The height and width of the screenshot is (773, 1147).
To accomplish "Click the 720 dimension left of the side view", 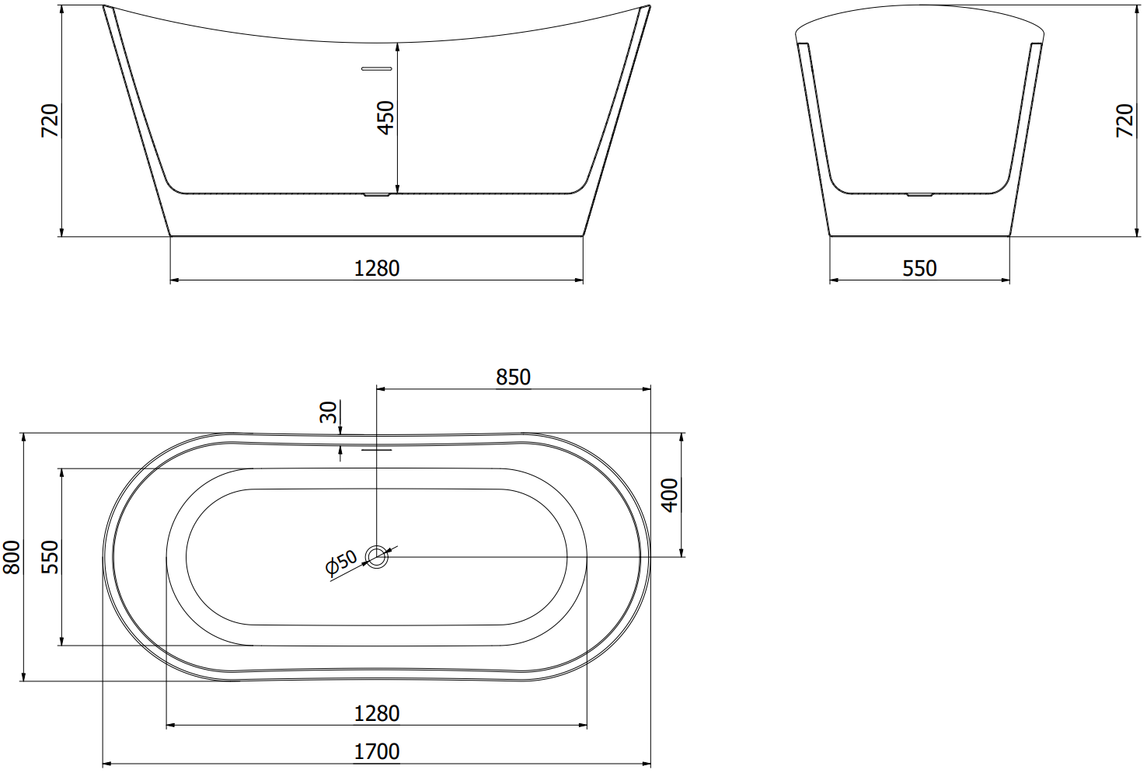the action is pos(51,120).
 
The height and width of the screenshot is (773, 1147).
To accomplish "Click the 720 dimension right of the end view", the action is pos(1125,120).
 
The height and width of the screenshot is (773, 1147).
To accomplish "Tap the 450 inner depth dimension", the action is pos(385,118).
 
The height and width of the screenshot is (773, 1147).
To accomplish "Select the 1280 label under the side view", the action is pos(377,269).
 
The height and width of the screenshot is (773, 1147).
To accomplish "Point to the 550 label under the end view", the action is pos(919,269).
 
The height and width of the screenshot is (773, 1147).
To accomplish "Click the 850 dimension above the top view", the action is pos(513,378).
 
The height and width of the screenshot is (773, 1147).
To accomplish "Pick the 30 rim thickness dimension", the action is pos(328,412).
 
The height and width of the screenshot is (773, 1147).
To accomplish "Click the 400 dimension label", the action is pos(670,495).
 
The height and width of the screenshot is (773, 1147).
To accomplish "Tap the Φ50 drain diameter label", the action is pos(341,562).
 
